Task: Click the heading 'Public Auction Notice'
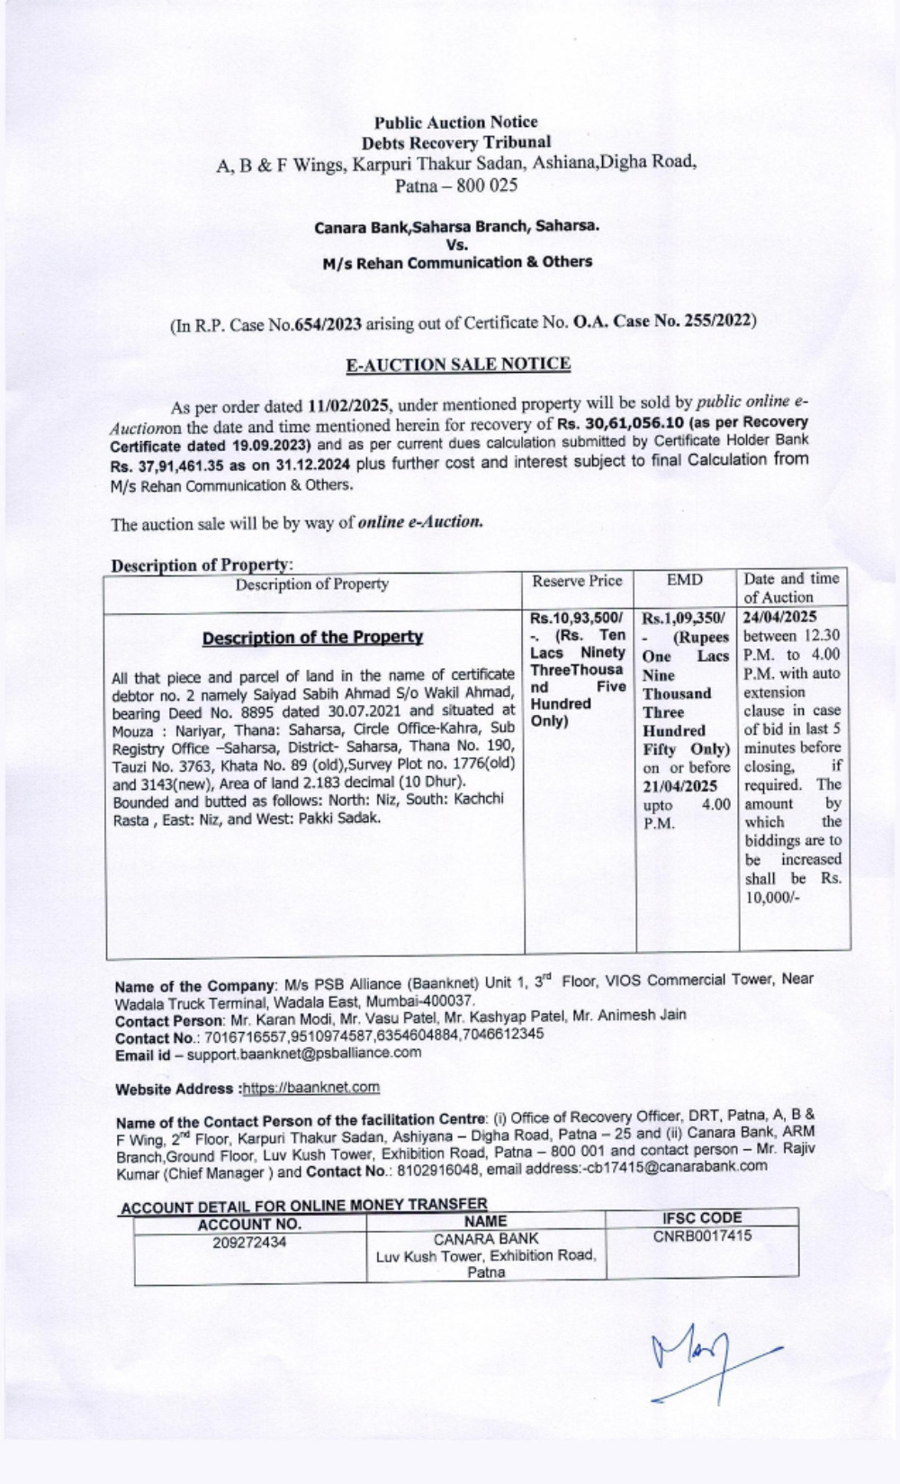click(455, 122)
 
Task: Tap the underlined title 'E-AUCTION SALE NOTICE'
click(458, 364)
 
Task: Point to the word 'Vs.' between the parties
click(456, 244)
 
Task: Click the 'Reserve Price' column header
click(577, 581)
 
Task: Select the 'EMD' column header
click(685, 580)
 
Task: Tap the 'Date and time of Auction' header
click(791, 587)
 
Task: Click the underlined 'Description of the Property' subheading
click(312, 638)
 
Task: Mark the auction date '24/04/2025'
click(780, 617)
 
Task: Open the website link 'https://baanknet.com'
click(311, 1088)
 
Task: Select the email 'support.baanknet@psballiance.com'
click(303, 1052)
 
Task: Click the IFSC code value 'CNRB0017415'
click(702, 1235)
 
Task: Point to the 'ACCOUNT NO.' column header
click(249, 1224)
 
